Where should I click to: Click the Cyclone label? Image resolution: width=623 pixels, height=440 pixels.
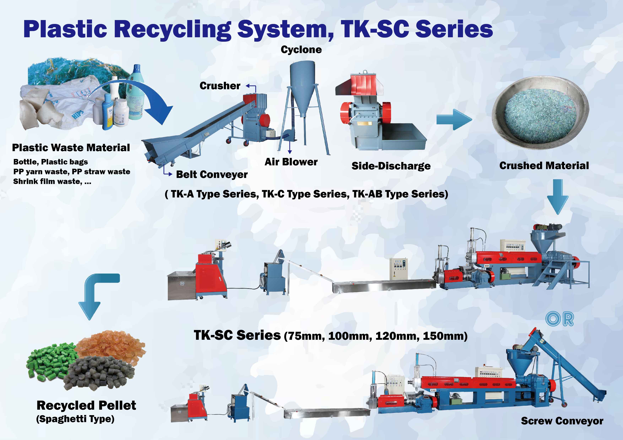pos(301,50)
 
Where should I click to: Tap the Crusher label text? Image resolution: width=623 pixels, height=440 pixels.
pos(220,86)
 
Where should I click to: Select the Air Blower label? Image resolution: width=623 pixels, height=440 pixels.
pos(291,162)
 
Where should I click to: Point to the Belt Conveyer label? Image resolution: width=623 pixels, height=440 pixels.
pos(212,174)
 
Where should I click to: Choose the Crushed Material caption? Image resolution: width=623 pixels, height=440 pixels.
pos(544,165)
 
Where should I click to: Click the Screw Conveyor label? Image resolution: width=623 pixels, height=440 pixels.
pos(562,421)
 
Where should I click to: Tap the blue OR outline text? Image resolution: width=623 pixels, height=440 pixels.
pos(559,319)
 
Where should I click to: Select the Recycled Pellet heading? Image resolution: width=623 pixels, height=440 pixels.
pos(86,405)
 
